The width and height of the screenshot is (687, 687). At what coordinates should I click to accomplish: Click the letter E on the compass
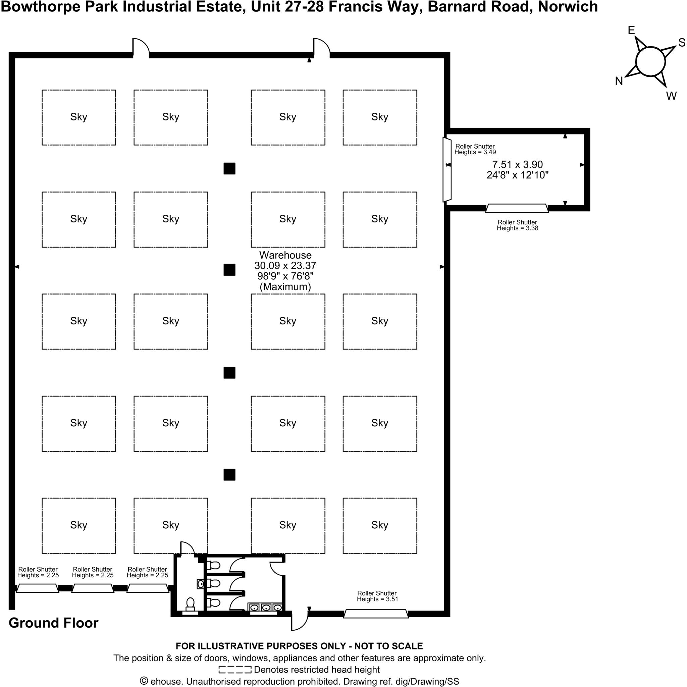click(631, 31)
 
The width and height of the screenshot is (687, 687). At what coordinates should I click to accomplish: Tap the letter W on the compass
click(671, 96)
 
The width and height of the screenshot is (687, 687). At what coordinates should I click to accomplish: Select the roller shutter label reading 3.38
click(517, 225)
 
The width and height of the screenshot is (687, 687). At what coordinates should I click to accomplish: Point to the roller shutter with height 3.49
click(447, 169)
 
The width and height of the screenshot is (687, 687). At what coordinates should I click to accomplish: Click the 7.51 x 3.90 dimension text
click(517, 165)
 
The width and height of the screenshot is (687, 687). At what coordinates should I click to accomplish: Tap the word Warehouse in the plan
click(285, 255)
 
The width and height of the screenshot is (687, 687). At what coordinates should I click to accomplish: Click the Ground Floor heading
click(53, 632)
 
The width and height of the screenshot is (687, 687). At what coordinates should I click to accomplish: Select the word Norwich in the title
click(568, 7)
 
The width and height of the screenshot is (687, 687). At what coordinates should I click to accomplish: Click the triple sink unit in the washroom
click(266, 608)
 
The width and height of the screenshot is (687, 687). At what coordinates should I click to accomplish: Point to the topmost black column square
click(229, 168)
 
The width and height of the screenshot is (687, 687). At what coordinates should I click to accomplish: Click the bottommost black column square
click(229, 474)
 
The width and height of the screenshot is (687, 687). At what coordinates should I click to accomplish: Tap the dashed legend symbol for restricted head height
click(235, 670)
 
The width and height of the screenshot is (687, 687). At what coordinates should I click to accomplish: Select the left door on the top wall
click(141, 48)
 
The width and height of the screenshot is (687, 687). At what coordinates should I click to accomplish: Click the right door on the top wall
click(321, 48)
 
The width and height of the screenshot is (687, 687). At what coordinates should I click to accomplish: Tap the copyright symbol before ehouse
click(144, 681)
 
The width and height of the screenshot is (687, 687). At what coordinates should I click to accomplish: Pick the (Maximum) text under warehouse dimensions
click(285, 286)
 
